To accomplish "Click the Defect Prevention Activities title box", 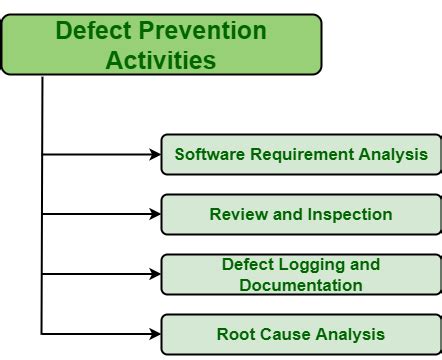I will pyautogui.click(x=161, y=45).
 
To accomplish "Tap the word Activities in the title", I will pyautogui.click(x=161, y=60).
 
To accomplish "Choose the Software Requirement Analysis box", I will pyautogui.click(x=300, y=154).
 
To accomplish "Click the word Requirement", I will pyautogui.click(x=297, y=154).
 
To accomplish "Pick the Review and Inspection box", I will pyautogui.click(x=300, y=214).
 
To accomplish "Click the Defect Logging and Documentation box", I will pyautogui.click(x=300, y=274).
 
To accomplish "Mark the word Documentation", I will pyautogui.click(x=300, y=285).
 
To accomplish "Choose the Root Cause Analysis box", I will pyautogui.click(x=300, y=334).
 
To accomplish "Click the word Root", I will pyautogui.click(x=235, y=334).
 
